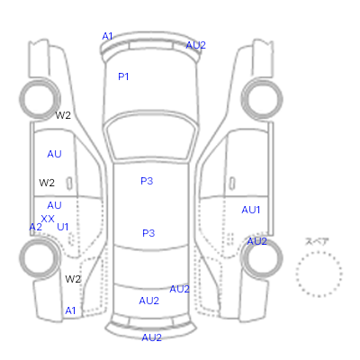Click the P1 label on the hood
coord(123,76)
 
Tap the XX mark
coord(48,219)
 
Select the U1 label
coord(63,227)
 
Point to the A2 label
coord(35,227)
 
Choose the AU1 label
coord(251,210)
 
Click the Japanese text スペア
coord(317,241)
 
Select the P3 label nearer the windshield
coord(147,181)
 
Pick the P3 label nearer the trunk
coord(148,233)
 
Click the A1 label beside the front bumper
coord(107,36)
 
